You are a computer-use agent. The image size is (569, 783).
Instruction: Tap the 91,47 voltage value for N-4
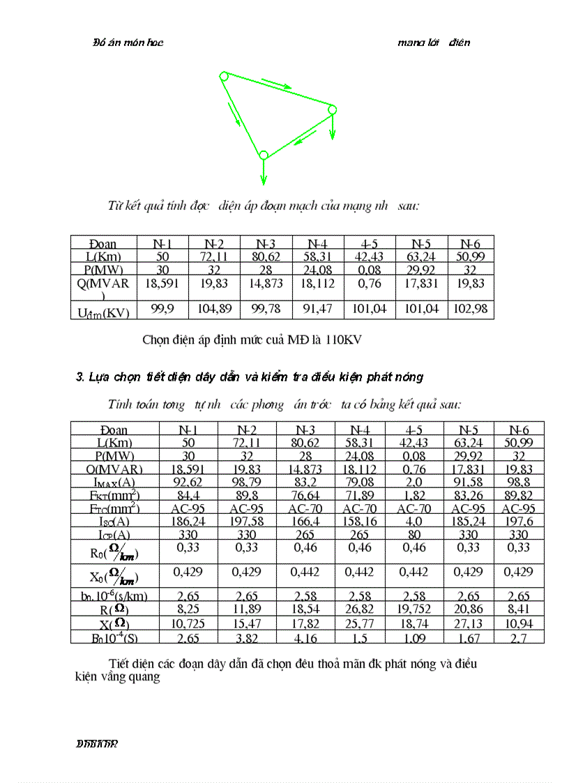pyautogui.click(x=317, y=309)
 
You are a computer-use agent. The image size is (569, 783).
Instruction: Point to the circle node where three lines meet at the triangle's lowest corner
pyautogui.click(x=264, y=155)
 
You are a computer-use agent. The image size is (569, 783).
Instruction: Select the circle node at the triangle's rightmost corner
pyautogui.click(x=332, y=109)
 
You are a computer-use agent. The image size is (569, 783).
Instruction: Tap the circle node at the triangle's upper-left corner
pyautogui.click(x=223, y=75)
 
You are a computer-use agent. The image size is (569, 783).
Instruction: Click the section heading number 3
pyautogui.click(x=79, y=377)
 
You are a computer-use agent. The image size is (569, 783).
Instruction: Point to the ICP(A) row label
pyautogui.click(x=115, y=535)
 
